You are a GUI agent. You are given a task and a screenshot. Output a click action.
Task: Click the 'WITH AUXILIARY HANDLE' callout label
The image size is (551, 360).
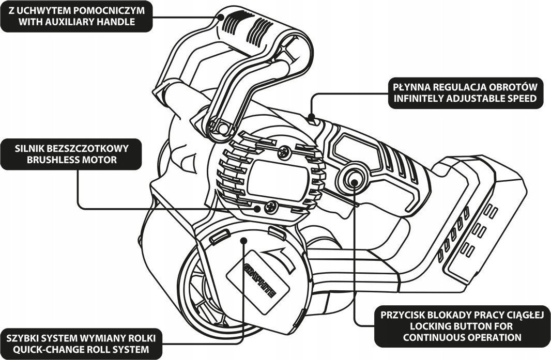77,16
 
